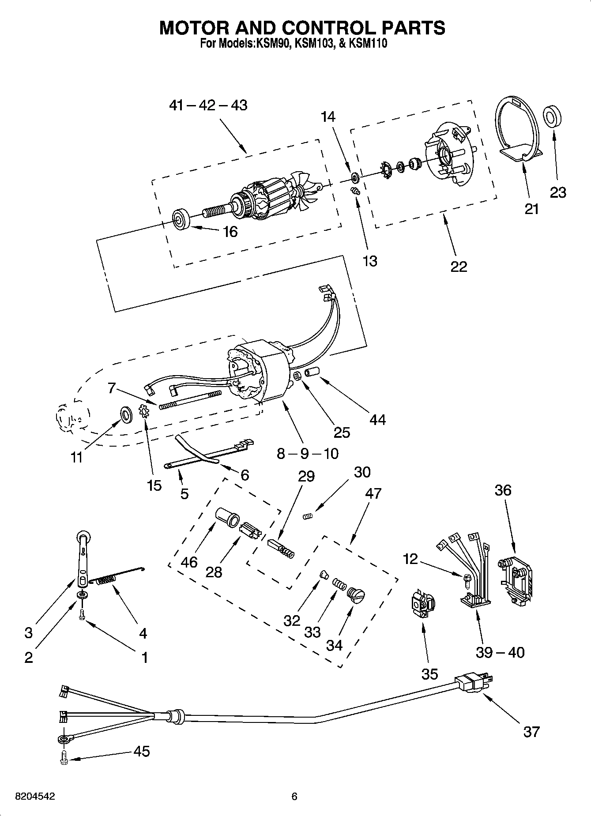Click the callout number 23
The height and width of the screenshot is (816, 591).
pyautogui.click(x=558, y=192)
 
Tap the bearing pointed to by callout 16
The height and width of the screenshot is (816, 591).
pyautogui.click(x=181, y=219)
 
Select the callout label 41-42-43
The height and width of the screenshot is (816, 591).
pyautogui.click(x=208, y=105)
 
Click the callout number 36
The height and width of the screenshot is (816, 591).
pyautogui.click(x=503, y=490)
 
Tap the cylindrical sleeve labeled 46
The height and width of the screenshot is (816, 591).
pyautogui.click(x=227, y=516)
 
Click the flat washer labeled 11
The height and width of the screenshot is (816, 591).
pyautogui.click(x=126, y=415)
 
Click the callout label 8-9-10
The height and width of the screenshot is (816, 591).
pyautogui.click(x=307, y=453)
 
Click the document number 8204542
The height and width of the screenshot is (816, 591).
pyautogui.click(x=35, y=797)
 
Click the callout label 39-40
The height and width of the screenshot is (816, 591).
pyautogui.click(x=500, y=652)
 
